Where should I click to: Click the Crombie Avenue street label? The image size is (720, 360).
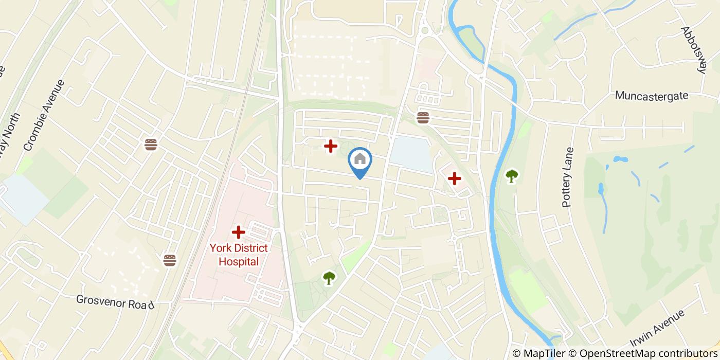45,115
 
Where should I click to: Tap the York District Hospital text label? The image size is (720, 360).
239,255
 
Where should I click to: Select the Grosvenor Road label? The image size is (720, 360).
115,302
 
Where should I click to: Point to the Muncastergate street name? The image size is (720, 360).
651,96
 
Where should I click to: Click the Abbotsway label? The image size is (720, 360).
694,50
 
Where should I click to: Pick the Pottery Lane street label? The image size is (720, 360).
568,177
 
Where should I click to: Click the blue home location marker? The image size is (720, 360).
360,160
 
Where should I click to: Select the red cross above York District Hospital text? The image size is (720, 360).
238,232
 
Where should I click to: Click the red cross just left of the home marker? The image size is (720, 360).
330,147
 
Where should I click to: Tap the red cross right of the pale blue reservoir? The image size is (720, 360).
454,178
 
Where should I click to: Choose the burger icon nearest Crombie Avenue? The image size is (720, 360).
151,145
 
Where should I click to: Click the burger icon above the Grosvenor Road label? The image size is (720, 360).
170,260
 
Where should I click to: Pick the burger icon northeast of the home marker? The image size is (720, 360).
423,118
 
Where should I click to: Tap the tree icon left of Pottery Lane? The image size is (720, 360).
512,176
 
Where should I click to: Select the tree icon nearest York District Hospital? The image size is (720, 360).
329,278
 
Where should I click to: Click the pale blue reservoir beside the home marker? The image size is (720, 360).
411,154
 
